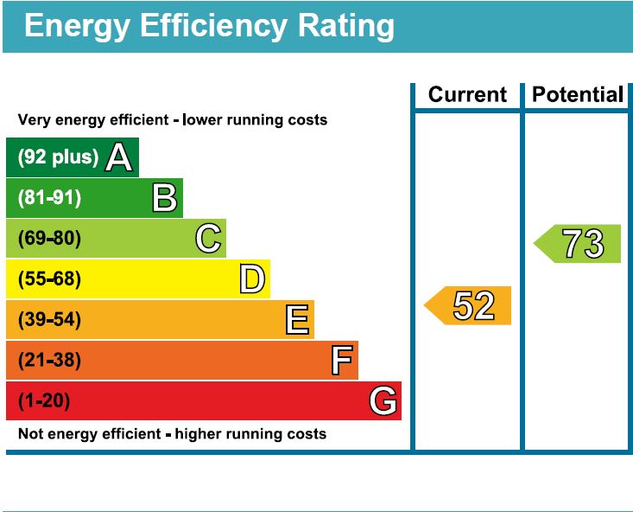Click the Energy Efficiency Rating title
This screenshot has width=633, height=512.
click(x=209, y=26)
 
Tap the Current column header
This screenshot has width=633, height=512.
click(x=467, y=94)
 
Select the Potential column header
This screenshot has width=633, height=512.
click(x=578, y=94)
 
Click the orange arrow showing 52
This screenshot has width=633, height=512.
click(x=469, y=306)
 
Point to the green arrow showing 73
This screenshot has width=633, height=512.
click(x=579, y=244)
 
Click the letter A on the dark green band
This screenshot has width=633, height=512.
click(x=119, y=157)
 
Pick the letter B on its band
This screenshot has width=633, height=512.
click(x=164, y=198)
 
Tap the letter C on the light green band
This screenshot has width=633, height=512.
click(x=208, y=238)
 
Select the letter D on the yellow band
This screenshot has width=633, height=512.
click(x=251, y=278)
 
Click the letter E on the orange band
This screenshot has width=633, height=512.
click(x=297, y=320)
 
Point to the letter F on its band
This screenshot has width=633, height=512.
click(x=342, y=361)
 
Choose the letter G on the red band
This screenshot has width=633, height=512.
click(x=383, y=401)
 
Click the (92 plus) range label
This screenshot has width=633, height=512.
click(x=58, y=157)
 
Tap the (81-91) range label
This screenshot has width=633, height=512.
click(x=49, y=198)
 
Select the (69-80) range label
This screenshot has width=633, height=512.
click(x=49, y=238)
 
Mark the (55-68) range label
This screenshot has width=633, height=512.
click(x=49, y=278)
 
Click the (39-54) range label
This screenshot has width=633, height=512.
click(x=49, y=320)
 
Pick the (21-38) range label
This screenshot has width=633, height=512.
click(x=49, y=361)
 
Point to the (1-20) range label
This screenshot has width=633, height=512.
click(x=44, y=401)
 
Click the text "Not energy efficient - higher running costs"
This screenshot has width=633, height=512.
click(x=172, y=433)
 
